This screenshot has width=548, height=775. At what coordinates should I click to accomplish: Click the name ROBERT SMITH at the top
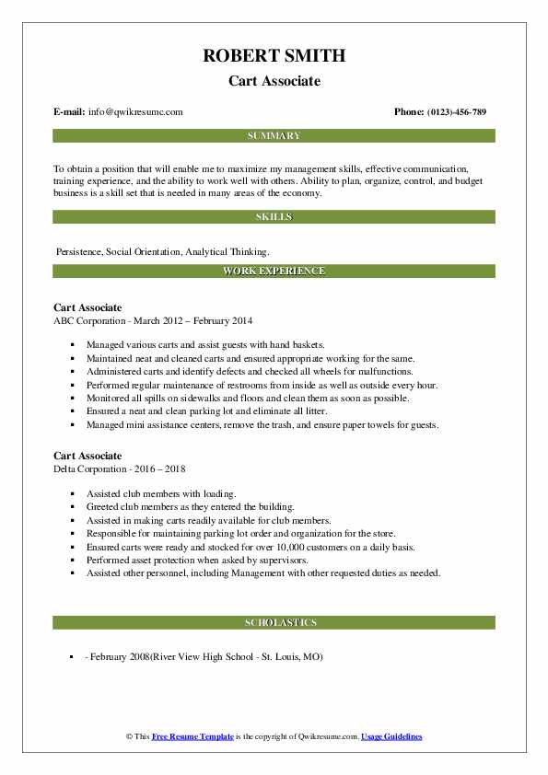point(274,55)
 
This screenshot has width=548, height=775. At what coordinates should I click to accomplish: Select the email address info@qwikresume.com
point(136,112)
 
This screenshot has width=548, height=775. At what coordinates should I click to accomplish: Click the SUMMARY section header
point(274,136)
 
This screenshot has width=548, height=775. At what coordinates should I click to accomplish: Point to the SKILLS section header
point(274,217)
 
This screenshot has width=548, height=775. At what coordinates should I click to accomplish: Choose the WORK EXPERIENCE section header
point(274,272)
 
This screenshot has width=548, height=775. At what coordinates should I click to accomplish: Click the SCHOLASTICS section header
point(274,623)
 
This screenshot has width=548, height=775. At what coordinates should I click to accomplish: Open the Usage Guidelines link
point(391,737)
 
